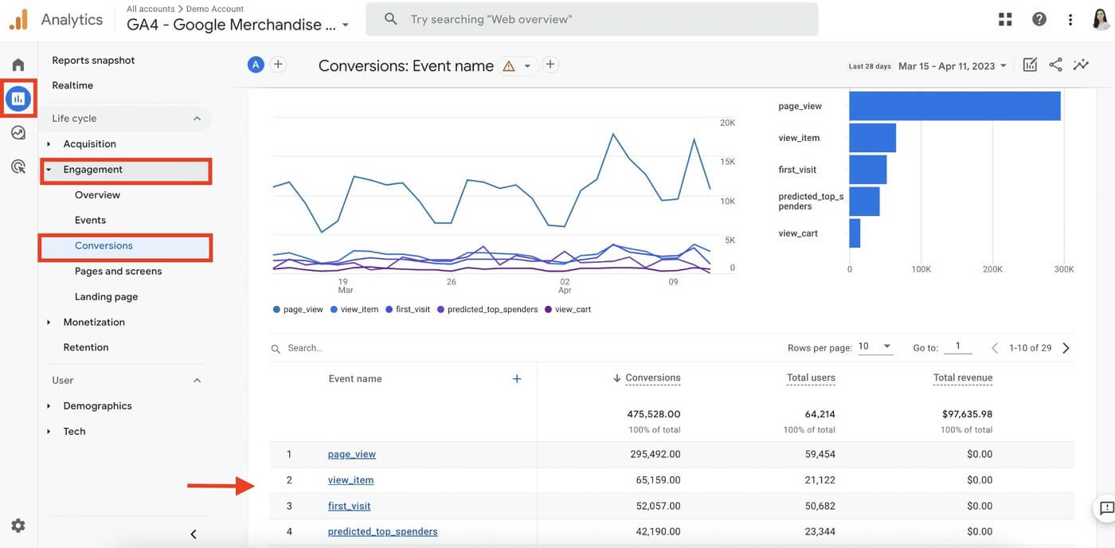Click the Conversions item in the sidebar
[104, 246]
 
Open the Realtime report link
[72, 85]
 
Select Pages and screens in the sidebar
[118, 272]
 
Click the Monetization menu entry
[94, 323]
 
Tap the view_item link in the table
[350, 480]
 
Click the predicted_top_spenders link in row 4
[382, 531]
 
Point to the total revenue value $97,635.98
[966, 414]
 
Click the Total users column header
[811, 378]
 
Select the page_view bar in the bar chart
[954, 106]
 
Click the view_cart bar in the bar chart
[855, 233]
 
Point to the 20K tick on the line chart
[726, 123]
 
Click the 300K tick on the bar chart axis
[1063, 270]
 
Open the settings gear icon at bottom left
[18, 526]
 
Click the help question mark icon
[1039, 19]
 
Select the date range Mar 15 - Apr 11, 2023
[952, 66]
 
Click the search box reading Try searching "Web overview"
[591, 19]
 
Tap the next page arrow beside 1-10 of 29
[1066, 348]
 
